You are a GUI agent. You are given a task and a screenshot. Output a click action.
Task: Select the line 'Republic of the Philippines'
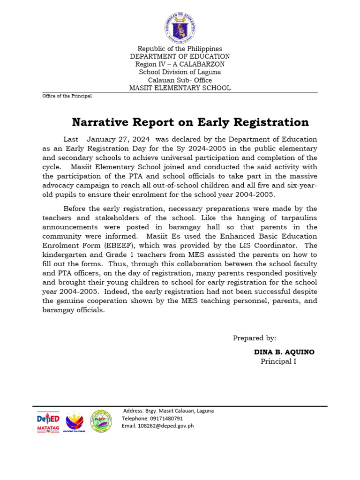pyautogui.click(x=180, y=49)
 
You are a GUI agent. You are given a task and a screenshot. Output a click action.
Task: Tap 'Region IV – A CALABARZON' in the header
pyautogui.click(x=180, y=64)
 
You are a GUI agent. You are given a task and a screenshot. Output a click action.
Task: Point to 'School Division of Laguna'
pyautogui.click(x=180, y=72)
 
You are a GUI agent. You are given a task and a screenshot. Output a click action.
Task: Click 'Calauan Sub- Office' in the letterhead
pyautogui.click(x=180, y=80)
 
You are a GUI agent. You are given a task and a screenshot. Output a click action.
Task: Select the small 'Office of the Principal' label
pyautogui.click(x=67, y=96)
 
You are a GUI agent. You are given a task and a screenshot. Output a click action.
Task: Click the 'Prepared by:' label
pyautogui.click(x=255, y=338)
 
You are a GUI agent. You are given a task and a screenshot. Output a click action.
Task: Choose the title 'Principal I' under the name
pyautogui.click(x=278, y=361)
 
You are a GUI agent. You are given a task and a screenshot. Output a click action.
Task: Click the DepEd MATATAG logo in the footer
pyautogui.click(x=48, y=422)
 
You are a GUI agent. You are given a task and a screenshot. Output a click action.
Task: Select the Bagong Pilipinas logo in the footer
pyautogui.click(x=75, y=421)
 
